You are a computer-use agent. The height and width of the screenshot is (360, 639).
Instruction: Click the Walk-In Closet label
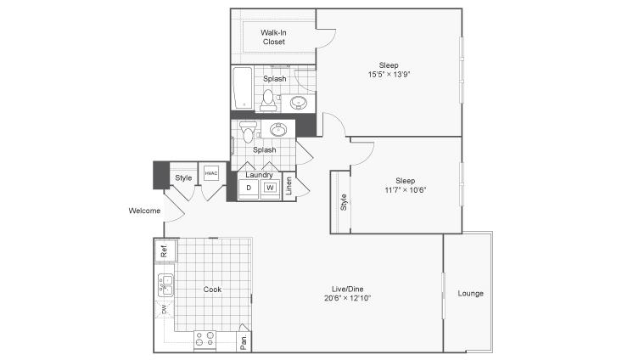[273, 37]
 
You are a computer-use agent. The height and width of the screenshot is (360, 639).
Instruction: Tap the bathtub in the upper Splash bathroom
[243, 88]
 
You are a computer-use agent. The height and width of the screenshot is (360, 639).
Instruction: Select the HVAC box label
[211, 173]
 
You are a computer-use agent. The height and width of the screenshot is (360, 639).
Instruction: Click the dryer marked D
[249, 188]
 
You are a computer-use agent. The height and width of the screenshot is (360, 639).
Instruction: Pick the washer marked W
[270, 188]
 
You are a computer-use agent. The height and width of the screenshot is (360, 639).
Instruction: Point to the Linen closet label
[289, 186]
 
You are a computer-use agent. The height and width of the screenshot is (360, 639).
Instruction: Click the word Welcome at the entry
[144, 211]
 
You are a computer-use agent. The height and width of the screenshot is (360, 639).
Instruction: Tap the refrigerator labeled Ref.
[165, 250]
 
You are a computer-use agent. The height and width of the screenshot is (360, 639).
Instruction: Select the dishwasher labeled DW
[165, 309]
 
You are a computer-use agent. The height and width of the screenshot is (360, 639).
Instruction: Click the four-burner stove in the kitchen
[205, 340]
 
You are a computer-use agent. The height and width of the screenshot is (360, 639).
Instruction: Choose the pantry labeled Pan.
[244, 340]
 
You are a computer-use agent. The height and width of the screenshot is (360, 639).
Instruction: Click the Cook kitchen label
[212, 290]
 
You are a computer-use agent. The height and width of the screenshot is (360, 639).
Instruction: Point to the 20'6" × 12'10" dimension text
[348, 298]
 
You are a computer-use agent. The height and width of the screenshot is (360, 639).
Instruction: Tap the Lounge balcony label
[470, 293]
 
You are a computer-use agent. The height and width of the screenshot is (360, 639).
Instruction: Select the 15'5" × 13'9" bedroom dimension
[389, 74]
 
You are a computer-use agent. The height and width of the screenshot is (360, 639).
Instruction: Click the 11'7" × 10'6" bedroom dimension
[405, 189]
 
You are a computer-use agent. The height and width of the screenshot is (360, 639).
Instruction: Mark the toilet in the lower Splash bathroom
[248, 132]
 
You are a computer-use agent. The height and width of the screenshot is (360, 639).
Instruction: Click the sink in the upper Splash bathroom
[299, 103]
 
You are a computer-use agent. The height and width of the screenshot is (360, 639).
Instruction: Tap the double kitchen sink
[165, 285]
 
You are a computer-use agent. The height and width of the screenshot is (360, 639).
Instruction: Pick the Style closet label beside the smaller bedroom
[344, 202]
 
